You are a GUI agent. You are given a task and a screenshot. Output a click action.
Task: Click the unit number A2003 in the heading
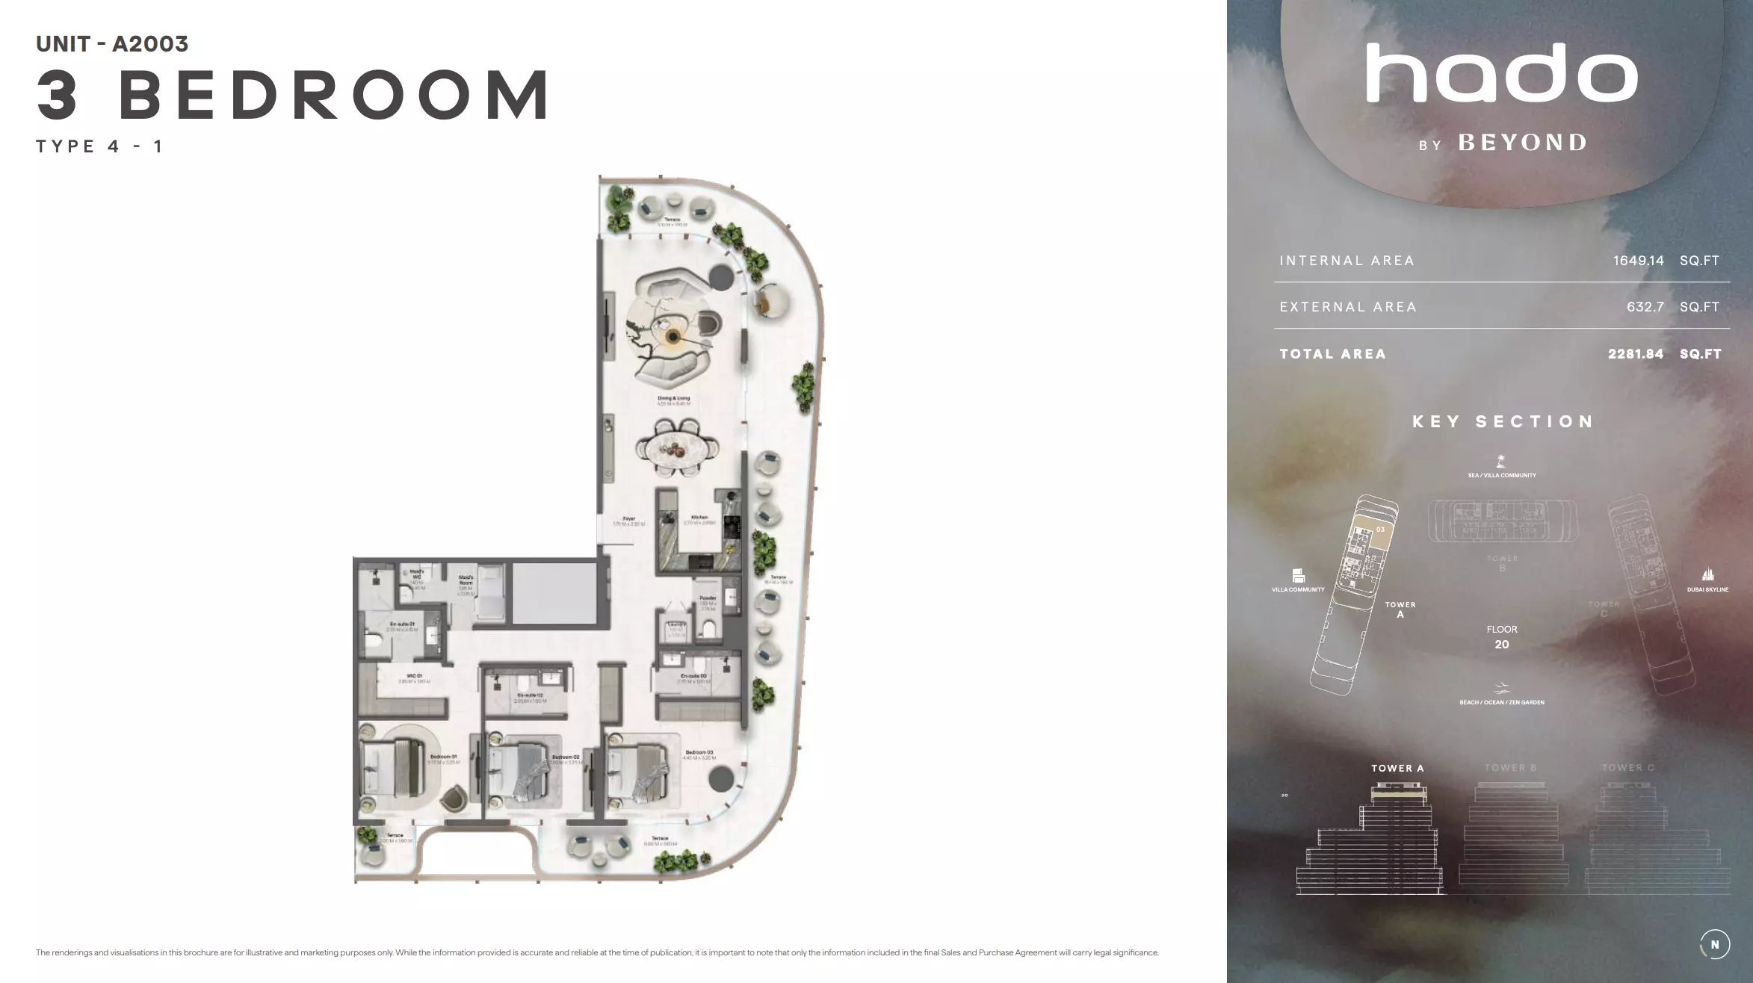click(x=150, y=44)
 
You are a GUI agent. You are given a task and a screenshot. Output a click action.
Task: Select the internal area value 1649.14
click(x=1638, y=261)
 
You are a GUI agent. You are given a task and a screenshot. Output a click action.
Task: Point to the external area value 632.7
click(x=1645, y=307)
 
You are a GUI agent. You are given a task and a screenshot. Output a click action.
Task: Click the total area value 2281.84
click(x=1636, y=354)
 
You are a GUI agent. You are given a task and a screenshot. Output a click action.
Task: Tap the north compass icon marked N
click(x=1714, y=944)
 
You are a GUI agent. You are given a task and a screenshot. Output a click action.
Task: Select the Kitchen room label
click(x=699, y=518)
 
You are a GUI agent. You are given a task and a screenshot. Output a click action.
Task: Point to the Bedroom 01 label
click(x=443, y=757)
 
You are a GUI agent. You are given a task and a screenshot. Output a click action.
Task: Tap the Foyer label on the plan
click(x=629, y=519)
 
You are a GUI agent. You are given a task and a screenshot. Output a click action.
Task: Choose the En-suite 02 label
click(x=530, y=695)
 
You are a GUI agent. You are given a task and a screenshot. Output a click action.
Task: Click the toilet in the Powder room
click(x=708, y=628)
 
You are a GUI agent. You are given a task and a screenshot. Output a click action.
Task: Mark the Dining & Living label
click(x=673, y=399)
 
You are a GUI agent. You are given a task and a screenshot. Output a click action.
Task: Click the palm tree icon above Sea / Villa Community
click(x=1501, y=461)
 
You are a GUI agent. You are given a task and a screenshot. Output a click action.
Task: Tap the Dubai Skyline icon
click(x=1707, y=574)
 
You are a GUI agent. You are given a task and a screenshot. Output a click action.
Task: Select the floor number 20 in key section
click(x=1501, y=645)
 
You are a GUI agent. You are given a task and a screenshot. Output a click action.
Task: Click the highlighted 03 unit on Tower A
click(x=1380, y=530)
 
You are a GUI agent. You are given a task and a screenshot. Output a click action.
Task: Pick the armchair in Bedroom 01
click(x=453, y=798)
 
